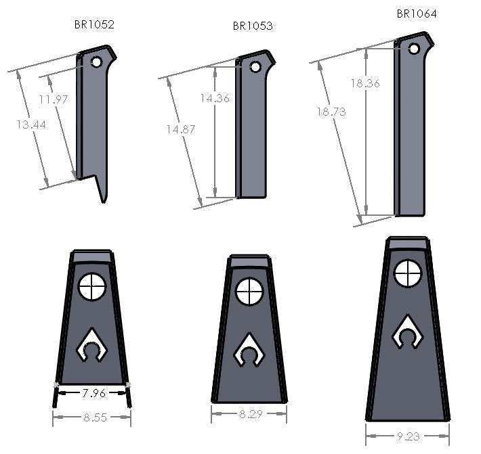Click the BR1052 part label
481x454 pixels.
tap(94, 25)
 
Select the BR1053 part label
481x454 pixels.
tap(253, 26)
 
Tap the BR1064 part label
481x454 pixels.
tap(417, 14)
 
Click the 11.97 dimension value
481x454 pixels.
tap(54, 99)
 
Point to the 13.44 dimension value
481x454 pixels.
tap(31, 124)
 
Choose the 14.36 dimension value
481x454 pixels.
tap(215, 98)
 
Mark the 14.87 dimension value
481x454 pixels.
tap(181, 129)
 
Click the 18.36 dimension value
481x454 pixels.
tap(365, 83)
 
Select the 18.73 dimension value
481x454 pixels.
tap(331, 112)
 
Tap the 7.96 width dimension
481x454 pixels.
tap(94, 393)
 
